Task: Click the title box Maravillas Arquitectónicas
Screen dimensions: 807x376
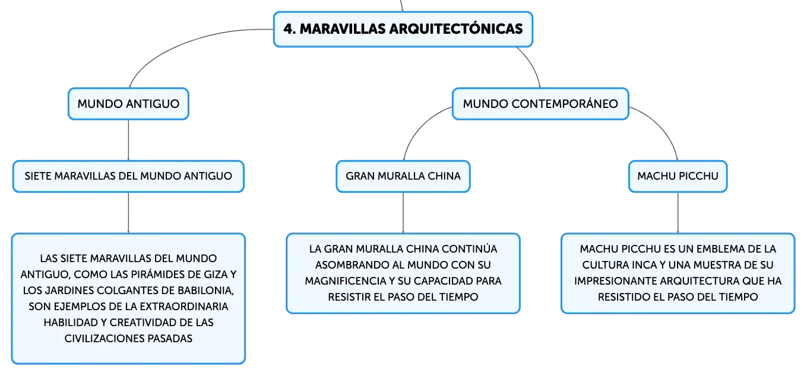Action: [x=403, y=29]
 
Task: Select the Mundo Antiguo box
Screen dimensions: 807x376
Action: [x=128, y=104]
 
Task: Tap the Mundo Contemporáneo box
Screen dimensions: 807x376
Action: [x=540, y=104]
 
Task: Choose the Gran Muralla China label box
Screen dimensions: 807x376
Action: [x=403, y=176]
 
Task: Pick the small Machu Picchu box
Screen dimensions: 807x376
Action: [x=678, y=176]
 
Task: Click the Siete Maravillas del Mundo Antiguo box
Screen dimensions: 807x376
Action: [x=128, y=176]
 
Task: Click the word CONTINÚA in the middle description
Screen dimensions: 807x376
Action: [x=470, y=249]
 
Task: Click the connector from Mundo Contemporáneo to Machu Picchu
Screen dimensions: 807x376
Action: [x=663, y=126]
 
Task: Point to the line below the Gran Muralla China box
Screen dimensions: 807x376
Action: [x=403, y=213]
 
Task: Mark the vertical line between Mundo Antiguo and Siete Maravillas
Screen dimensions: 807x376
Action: [x=128, y=140]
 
